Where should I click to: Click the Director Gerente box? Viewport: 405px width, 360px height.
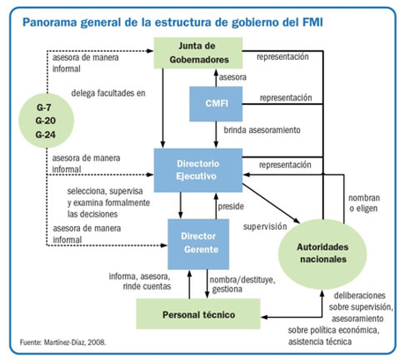[197, 243]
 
